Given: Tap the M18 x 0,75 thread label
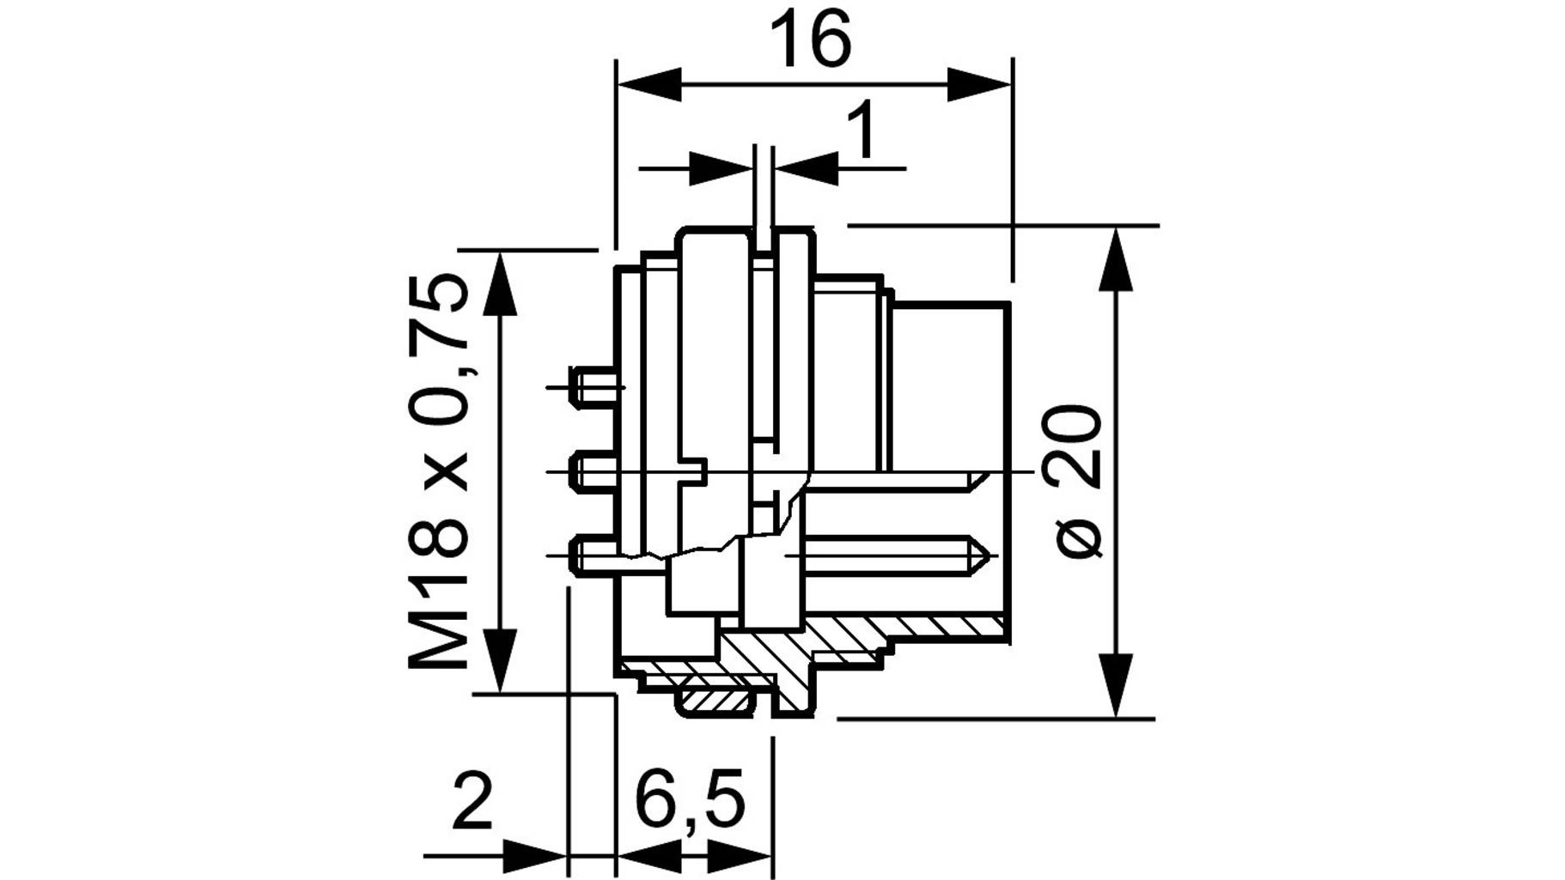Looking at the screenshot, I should tap(440, 472).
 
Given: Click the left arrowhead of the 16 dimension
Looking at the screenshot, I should tap(649, 84).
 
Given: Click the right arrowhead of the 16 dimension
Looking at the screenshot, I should tap(980, 84).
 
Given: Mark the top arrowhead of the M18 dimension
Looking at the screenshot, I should tap(501, 283).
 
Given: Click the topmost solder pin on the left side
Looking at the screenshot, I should tap(594, 385).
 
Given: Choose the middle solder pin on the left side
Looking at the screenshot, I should tap(594, 471).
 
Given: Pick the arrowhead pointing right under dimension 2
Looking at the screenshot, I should tap(536, 855).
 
